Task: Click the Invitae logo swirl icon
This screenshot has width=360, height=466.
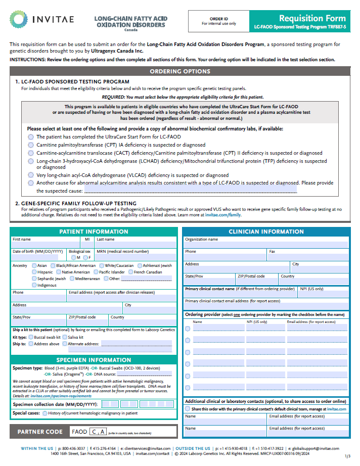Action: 19,20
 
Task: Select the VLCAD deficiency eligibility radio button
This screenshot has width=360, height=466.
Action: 31,175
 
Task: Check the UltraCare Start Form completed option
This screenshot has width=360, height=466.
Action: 31,136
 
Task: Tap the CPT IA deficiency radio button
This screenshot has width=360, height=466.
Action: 31,145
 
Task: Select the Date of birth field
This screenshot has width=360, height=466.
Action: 38,257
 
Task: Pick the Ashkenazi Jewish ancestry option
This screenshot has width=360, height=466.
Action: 139,265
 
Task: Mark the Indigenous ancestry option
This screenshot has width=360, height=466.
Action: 34,285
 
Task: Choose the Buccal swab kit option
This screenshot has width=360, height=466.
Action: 31,337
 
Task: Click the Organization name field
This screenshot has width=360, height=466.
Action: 266,245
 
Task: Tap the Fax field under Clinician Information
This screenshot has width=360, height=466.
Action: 308,257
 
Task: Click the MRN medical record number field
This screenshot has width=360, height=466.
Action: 136,257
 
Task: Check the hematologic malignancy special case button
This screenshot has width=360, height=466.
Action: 45,413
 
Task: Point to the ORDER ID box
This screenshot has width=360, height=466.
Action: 218,20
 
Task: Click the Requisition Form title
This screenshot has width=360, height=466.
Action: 312,18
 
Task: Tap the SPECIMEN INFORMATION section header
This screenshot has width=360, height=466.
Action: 94,360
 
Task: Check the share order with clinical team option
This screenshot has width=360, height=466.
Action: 188,409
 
